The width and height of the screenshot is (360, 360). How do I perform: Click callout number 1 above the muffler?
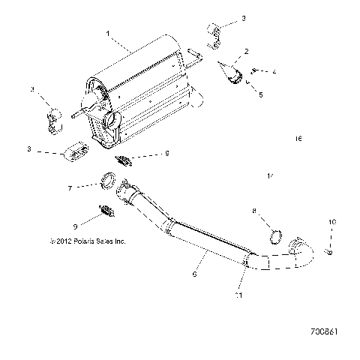(x=109, y=34)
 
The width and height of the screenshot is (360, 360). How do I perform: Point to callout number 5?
(x=259, y=96)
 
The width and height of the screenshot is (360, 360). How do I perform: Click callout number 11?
(x=239, y=295)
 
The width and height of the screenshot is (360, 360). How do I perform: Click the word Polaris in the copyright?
(x=72, y=241)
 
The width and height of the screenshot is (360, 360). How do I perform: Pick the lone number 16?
(x=298, y=139)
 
